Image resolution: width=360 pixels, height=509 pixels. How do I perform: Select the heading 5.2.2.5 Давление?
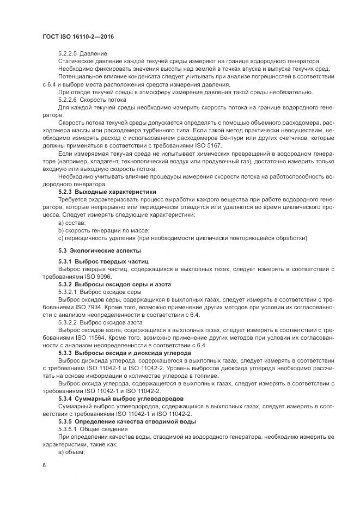pyautogui.click(x=82, y=53)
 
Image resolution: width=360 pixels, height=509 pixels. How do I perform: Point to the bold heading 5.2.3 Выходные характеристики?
pyautogui.click(x=107, y=192)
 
